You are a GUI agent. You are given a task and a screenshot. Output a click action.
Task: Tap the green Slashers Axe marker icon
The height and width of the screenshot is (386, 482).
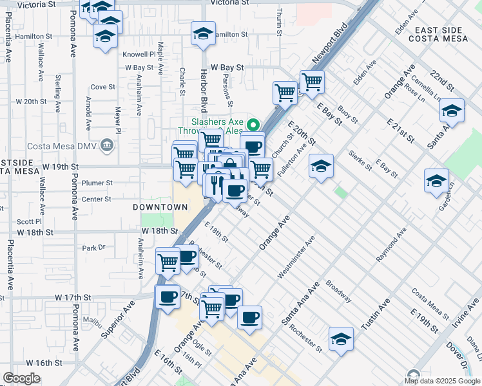point(254,125)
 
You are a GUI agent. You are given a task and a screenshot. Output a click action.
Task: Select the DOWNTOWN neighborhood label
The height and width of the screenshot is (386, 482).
point(160,207)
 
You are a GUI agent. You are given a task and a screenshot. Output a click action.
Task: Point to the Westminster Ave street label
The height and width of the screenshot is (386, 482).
point(296,258)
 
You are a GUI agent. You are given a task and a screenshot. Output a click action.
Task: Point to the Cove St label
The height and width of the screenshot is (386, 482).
point(102,86)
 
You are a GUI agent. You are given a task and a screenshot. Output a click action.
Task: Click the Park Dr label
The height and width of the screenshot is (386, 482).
point(93,248)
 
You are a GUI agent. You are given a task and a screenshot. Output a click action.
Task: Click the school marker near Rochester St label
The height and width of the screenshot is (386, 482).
point(341,338)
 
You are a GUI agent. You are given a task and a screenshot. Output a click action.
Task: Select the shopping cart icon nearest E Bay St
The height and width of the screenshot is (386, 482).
point(312,81)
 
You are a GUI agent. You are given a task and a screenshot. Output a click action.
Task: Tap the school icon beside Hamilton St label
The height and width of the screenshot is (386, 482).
point(204,33)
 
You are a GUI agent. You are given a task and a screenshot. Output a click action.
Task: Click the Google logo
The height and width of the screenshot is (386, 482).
point(22,378)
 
